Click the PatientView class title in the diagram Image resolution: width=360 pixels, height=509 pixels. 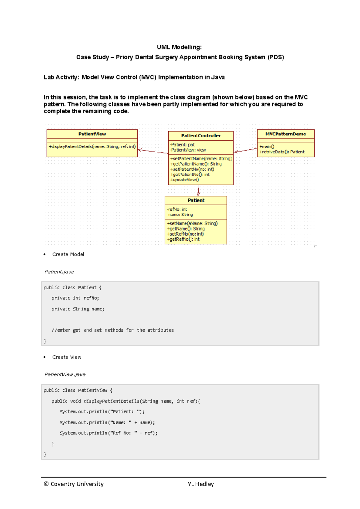click(x=92, y=134)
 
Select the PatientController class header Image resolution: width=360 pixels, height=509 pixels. click(x=201, y=135)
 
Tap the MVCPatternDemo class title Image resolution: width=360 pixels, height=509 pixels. click(x=286, y=134)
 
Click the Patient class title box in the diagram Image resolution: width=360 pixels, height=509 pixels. click(x=196, y=200)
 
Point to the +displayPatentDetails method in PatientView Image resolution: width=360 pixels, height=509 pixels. click(x=92, y=147)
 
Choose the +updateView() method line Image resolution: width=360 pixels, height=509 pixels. click(x=184, y=180)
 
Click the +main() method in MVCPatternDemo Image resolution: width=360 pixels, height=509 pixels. click(x=267, y=147)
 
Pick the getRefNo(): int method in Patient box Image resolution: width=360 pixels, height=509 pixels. click(x=183, y=239)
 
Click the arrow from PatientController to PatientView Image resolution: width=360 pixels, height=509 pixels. click(x=153, y=151)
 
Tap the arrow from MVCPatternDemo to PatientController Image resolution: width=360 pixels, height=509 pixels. click(x=245, y=150)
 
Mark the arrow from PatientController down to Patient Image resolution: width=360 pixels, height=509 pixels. click(x=198, y=191)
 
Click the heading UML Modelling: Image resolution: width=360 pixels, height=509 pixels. click(x=179, y=47)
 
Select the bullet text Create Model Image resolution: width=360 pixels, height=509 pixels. click(x=68, y=254)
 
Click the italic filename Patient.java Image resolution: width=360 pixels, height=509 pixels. click(x=59, y=272)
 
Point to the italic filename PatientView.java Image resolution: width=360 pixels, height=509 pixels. click(x=65, y=374)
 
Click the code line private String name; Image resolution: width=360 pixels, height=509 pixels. click(x=78, y=309)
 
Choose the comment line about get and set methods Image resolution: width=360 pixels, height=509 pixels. click(x=112, y=330)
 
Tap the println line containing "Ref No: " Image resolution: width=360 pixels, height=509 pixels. click(x=109, y=433)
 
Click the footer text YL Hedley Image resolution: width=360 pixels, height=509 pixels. click(x=200, y=484)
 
